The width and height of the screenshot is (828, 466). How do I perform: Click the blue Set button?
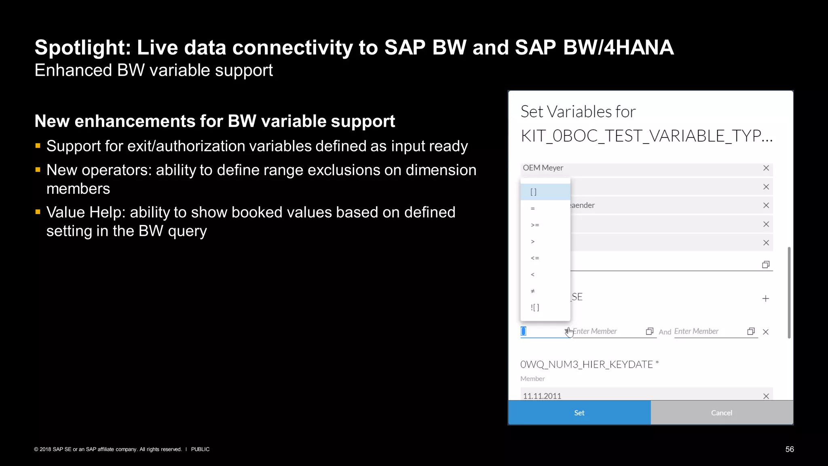[579, 413]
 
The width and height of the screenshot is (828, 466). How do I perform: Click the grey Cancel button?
[722, 413]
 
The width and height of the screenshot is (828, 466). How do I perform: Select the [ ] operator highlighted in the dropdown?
[534, 192]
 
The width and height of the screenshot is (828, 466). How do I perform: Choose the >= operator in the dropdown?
[535, 225]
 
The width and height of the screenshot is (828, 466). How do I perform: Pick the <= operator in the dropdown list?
[535, 258]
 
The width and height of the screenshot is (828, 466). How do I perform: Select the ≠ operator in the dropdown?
[533, 291]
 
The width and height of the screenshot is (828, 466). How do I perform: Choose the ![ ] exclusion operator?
[535, 308]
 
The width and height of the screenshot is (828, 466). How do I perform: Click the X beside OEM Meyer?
[766, 168]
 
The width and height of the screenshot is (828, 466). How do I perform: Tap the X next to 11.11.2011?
[766, 396]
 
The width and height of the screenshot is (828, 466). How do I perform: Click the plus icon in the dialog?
[765, 299]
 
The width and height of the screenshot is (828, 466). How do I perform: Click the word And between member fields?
[665, 332]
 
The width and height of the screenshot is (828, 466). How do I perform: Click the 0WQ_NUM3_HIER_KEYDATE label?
[586, 364]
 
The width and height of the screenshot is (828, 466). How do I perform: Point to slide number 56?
[789, 449]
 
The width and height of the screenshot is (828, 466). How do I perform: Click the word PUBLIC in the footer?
[200, 449]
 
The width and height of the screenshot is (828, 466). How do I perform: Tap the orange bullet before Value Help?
[38, 212]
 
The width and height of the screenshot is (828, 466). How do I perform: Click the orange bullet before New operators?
[38, 170]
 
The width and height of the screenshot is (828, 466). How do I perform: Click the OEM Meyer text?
[543, 168]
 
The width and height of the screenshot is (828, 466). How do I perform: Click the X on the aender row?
[766, 205]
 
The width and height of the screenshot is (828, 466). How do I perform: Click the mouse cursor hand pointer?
[569, 332]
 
